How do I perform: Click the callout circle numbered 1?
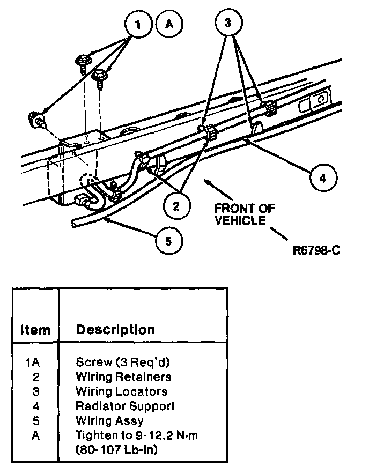(x=138, y=24)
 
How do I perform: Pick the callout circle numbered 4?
(x=322, y=177)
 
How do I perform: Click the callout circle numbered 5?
(x=168, y=241)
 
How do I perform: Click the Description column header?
(x=115, y=329)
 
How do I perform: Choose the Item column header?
(x=35, y=330)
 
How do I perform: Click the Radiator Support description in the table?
(x=125, y=406)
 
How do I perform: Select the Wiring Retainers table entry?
(x=123, y=377)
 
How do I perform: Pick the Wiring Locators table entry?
(x=121, y=392)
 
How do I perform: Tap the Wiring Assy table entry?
(x=109, y=421)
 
